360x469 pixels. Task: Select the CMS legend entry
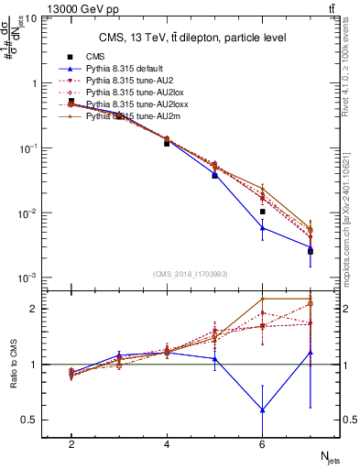[x=95, y=55]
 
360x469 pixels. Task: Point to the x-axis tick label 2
[x=71, y=444]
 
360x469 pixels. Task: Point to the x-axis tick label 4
[x=167, y=444]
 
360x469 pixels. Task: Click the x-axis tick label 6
[x=262, y=444]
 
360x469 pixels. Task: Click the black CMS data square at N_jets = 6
[x=263, y=212]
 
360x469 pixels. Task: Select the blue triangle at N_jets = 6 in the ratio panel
[x=263, y=409]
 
